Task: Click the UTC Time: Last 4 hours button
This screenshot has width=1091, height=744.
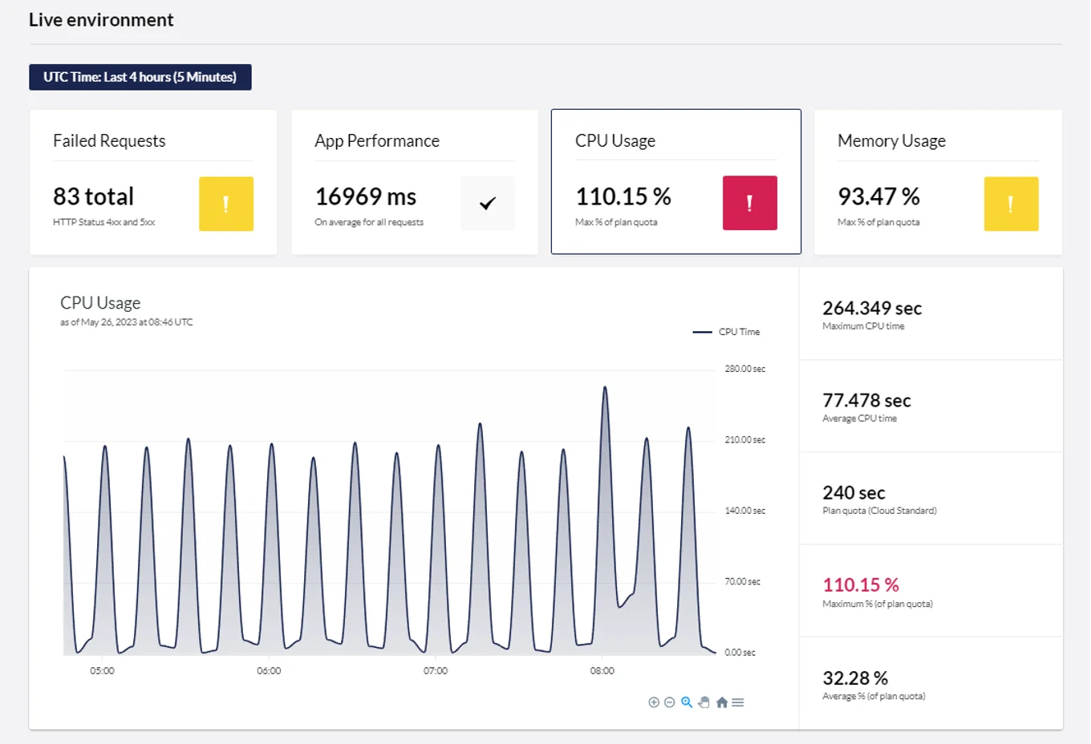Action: [140, 77]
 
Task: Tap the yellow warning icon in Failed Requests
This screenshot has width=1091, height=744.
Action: [226, 204]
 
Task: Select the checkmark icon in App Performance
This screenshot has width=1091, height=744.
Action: [488, 204]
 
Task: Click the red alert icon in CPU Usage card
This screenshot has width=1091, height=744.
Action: [749, 203]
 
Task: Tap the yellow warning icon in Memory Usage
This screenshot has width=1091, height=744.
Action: [1011, 204]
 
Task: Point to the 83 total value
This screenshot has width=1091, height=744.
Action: [93, 196]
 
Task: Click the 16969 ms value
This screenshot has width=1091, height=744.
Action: [365, 196]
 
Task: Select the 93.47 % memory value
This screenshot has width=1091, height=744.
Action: [878, 196]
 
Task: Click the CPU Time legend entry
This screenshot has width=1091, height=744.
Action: [727, 332]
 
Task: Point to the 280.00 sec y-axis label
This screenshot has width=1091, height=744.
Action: [744, 369]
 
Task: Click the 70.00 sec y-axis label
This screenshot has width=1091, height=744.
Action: [742, 581]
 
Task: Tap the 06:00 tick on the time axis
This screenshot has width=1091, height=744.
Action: [269, 671]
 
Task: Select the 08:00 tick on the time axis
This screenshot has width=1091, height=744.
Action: [602, 671]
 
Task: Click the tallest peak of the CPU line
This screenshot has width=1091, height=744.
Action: [605, 388]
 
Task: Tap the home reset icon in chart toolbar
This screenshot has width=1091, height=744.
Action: [721, 702]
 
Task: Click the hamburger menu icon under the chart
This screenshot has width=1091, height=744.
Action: [738, 702]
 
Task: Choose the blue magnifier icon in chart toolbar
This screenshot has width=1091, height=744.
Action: [687, 702]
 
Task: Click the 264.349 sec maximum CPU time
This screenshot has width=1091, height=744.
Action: [871, 308]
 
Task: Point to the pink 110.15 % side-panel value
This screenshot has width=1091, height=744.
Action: [860, 585]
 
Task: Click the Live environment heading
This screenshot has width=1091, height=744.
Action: [101, 20]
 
